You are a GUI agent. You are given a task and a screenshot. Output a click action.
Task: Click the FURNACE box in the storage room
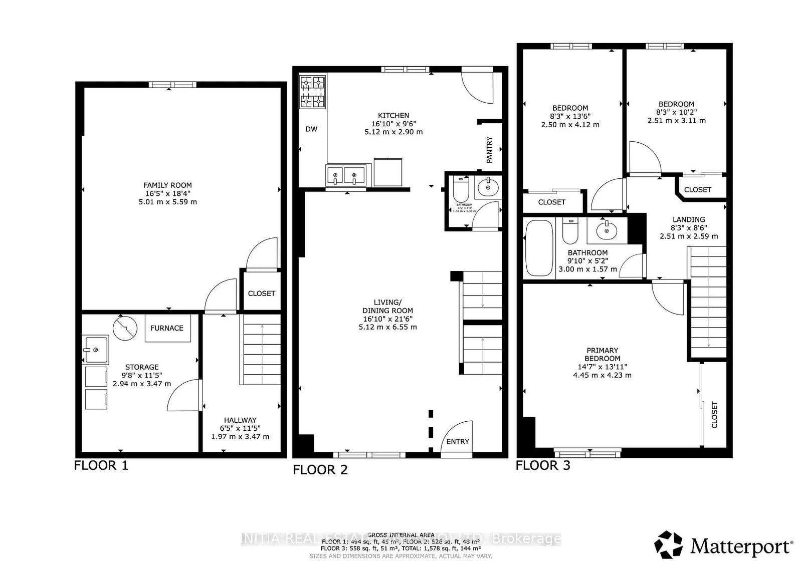pyautogui.click(x=167, y=328)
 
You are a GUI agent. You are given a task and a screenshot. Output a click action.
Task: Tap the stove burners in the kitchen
pyautogui.click(x=312, y=92)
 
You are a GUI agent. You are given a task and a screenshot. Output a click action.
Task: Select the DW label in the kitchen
pyautogui.click(x=311, y=129)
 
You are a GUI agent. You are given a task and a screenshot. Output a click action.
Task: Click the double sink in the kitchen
pyautogui.click(x=345, y=176)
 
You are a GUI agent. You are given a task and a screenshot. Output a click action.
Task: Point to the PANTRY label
pyautogui.click(x=490, y=150)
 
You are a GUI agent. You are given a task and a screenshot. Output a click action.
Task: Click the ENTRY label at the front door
pyautogui.click(x=457, y=441)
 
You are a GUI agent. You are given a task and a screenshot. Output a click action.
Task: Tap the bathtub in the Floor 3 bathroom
pyautogui.click(x=539, y=248)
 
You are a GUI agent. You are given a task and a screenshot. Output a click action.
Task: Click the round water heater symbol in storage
pyautogui.click(x=125, y=328)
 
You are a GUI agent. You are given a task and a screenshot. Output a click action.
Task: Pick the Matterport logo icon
pyautogui.click(x=670, y=545)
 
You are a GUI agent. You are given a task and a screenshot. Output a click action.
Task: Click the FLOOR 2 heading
pyautogui.click(x=320, y=470)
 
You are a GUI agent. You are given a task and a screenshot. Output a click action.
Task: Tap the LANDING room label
pyautogui.click(x=689, y=219)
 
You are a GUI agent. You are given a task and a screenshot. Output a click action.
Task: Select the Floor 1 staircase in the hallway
pyautogui.click(x=262, y=351)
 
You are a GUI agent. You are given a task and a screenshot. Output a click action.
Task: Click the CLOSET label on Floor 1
pyautogui.click(x=261, y=294)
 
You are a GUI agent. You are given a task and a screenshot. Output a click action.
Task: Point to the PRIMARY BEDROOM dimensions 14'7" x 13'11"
pyautogui.click(x=602, y=367)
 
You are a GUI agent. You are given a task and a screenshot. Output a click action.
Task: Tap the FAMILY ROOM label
pyautogui.click(x=167, y=185)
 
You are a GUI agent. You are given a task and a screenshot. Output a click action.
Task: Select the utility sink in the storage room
pyautogui.click(x=96, y=349)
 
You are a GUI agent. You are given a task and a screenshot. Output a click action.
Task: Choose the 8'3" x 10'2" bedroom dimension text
pyautogui.click(x=676, y=112)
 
